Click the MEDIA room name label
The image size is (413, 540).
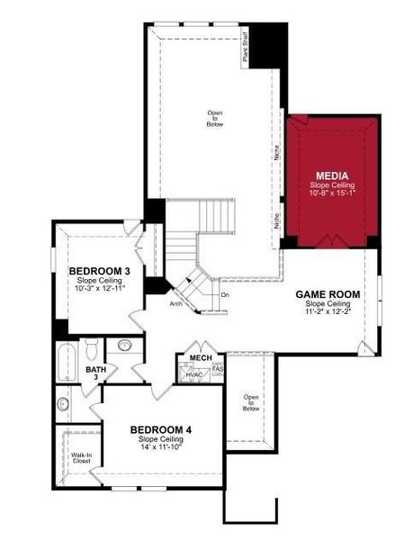(331, 175)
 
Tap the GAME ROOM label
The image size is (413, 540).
(328, 294)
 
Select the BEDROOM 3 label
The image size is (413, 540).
(101, 271)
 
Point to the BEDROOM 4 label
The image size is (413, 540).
(161, 428)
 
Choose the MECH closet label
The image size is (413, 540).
(200, 358)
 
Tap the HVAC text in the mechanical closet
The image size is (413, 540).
(195, 373)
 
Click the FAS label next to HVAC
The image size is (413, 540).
(217, 368)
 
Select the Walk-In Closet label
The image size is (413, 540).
(82, 459)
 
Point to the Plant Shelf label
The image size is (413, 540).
(245, 47)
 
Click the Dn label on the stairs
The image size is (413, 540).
(225, 294)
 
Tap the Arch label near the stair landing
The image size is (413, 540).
(176, 303)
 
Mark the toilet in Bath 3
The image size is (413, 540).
(91, 347)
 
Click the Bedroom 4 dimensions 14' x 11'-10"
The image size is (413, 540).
(161, 446)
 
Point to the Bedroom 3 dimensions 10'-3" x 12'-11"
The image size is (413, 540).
(101, 288)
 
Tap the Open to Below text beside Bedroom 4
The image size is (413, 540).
(251, 402)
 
